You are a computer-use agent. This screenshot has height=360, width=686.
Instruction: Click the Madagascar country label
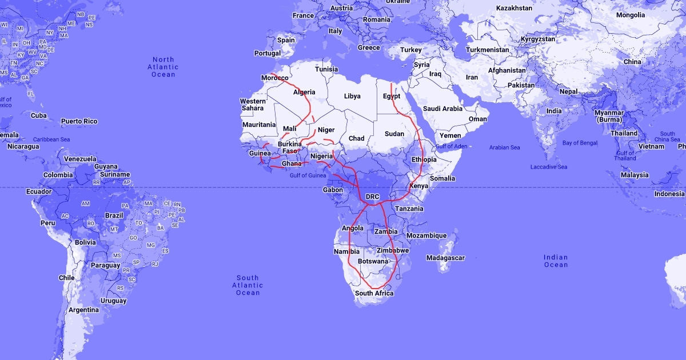pos(445,258)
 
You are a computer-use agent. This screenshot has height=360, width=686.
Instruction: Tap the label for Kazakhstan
pos(514,8)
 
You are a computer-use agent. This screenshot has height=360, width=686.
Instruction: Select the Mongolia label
pos(630,15)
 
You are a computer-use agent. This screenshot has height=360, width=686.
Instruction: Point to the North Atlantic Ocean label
pos(163,67)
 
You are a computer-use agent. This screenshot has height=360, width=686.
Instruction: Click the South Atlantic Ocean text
pos(248,285)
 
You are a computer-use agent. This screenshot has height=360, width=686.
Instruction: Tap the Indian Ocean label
pos(556,261)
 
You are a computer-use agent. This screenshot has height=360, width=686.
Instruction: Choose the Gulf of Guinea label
pos(308,175)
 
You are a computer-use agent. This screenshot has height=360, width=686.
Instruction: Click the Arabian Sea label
pos(504,147)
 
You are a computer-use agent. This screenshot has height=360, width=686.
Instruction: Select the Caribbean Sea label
pos(51,139)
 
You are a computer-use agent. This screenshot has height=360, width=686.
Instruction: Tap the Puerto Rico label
pos(79,121)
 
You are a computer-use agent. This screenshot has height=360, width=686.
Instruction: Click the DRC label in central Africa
pos(372,197)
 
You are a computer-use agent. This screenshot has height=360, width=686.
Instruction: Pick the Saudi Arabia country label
pos(442,109)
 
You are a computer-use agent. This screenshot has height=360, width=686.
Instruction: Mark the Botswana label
pos(373,261)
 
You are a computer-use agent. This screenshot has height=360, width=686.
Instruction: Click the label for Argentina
pos(83,310)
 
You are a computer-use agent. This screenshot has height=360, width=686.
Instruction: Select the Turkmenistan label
pos(487,50)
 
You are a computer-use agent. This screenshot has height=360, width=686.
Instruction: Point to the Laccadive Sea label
pos(548,167)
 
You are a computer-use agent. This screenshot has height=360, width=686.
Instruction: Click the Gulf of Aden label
pos(451,146)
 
